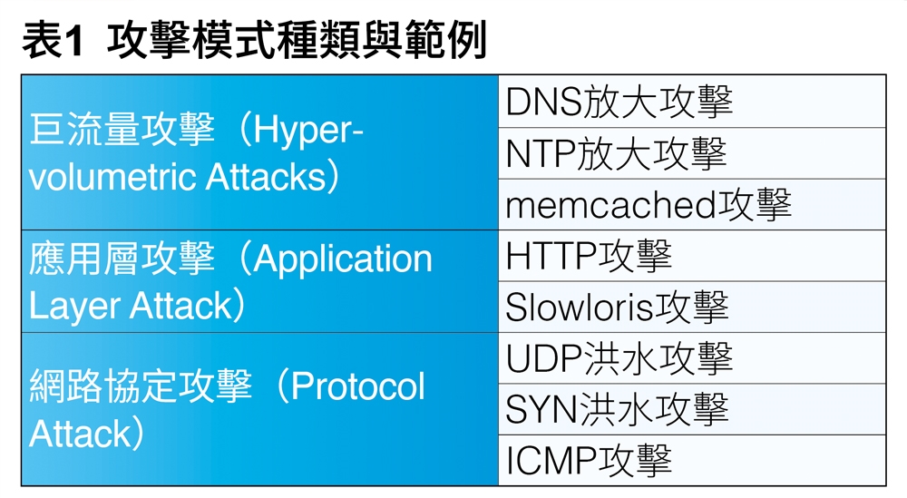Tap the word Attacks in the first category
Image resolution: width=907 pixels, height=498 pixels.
pyautogui.click(x=266, y=176)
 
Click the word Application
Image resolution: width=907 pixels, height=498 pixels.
pyautogui.click(x=343, y=259)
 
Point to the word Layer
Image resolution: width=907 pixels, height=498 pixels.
pyautogui.click(x=74, y=307)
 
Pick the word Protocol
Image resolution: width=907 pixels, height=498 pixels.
pyautogui.click(x=357, y=386)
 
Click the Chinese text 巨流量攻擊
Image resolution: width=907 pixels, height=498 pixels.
pyautogui.click(x=122, y=129)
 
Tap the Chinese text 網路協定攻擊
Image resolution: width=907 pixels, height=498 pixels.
pyautogui.click(x=141, y=386)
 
